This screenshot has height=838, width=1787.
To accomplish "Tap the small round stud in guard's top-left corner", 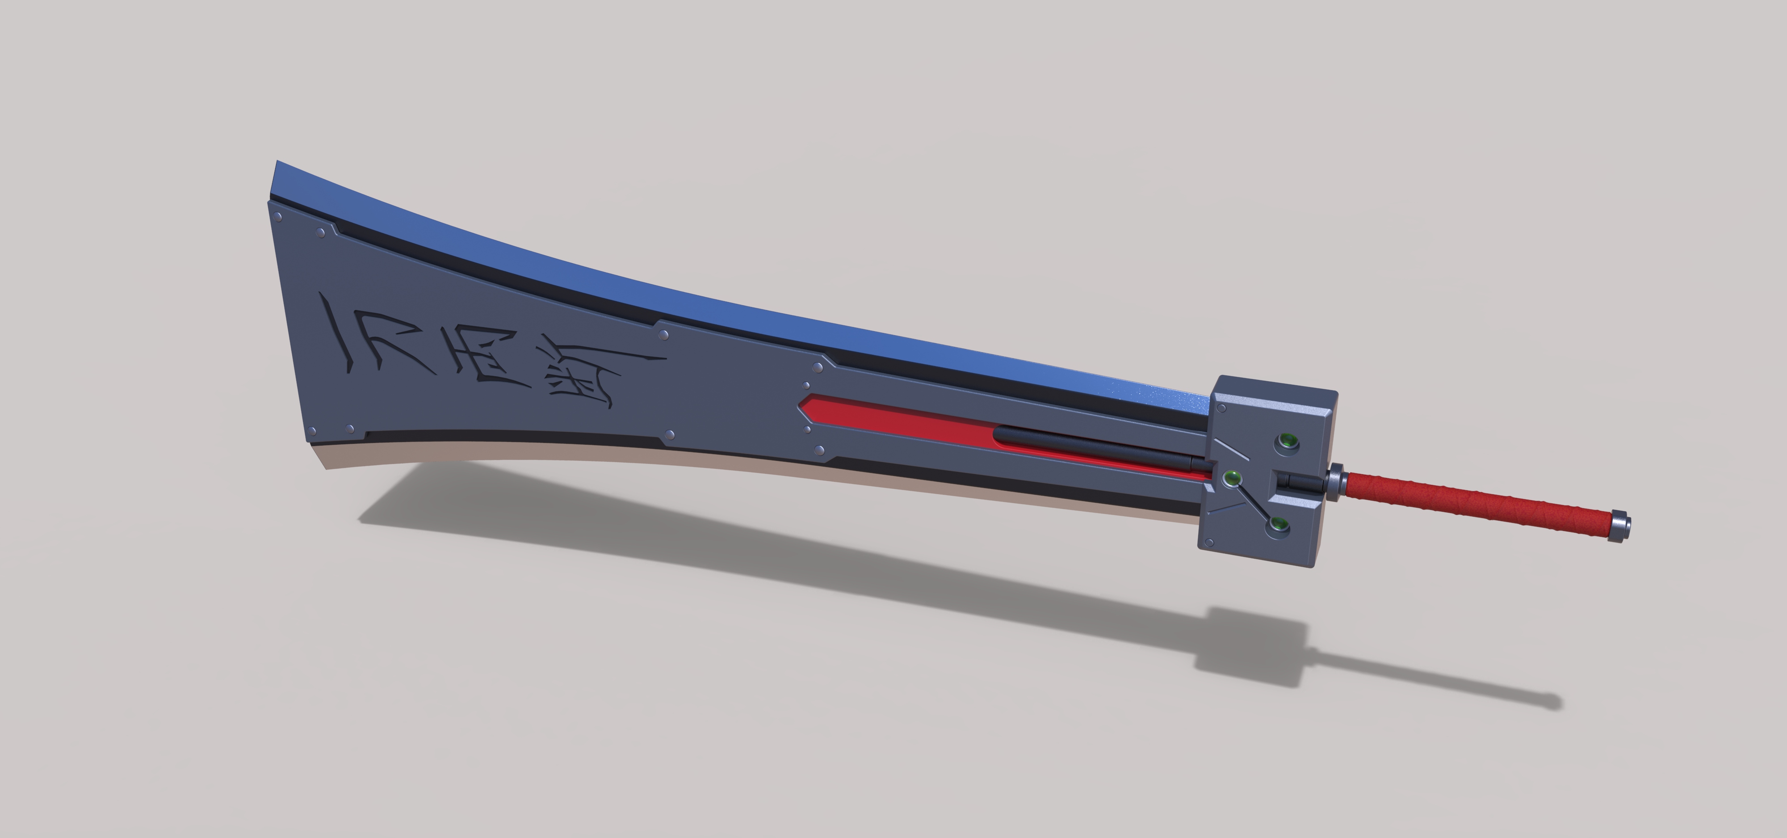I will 1221,408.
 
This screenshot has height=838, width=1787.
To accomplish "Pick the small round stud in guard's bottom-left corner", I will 1210,543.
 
